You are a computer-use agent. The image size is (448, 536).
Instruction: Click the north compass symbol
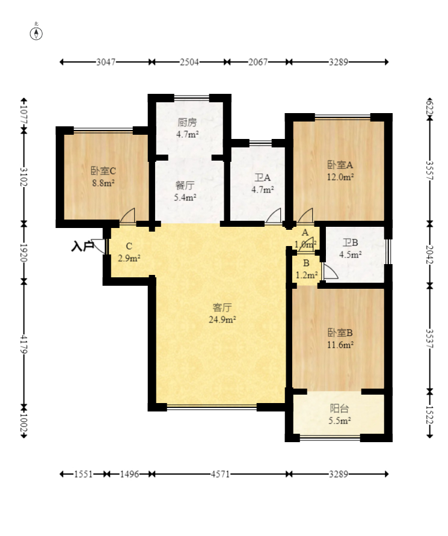coord(36,34)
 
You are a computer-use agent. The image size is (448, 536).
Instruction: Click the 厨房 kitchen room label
coord(187,122)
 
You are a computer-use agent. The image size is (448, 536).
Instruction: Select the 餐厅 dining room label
coord(185,186)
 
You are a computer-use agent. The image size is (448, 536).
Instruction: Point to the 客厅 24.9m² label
coord(222,313)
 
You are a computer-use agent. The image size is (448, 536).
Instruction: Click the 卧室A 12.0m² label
coord(340,171)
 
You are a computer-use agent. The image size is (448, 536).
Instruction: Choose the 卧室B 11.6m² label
coord(340,339)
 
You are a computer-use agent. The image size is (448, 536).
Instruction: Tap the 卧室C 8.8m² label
coord(103,177)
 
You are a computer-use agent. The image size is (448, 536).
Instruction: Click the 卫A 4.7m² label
coord(262,183)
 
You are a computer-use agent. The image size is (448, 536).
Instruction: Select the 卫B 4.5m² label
coord(351,248)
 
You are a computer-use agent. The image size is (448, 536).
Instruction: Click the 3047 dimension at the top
coord(106,62)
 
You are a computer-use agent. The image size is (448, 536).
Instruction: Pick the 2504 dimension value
coord(189,62)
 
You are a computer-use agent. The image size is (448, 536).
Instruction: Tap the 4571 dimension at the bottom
coord(221,474)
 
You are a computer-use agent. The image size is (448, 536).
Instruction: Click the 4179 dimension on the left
coord(23,344)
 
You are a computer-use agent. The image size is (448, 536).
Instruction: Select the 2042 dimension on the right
coord(429,254)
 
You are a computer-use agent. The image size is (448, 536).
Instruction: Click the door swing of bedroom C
coord(127,215)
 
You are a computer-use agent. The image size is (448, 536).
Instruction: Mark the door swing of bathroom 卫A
coord(274,215)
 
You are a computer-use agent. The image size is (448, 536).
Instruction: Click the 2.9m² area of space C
coord(129,259)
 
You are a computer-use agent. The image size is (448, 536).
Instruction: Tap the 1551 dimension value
coord(84,474)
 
